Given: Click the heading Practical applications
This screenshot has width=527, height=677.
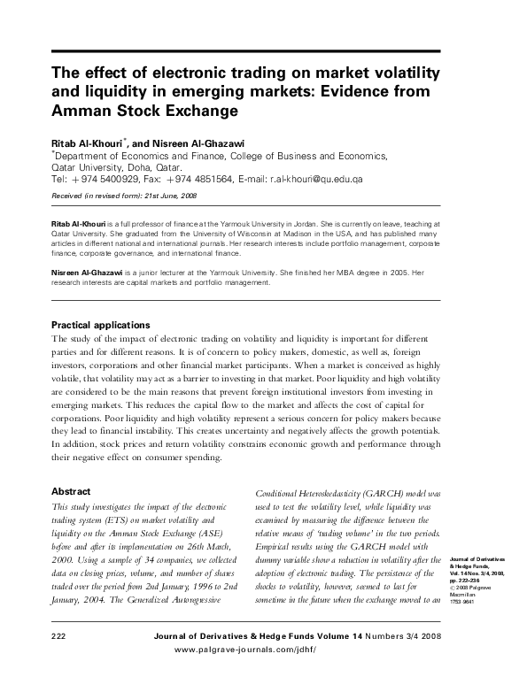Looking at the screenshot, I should (x=100, y=325).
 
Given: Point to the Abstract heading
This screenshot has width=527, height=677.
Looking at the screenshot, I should (x=71, y=489).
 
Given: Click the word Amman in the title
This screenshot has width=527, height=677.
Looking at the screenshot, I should (x=79, y=113).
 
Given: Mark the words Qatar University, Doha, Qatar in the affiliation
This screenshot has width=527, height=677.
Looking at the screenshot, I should (x=117, y=165).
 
